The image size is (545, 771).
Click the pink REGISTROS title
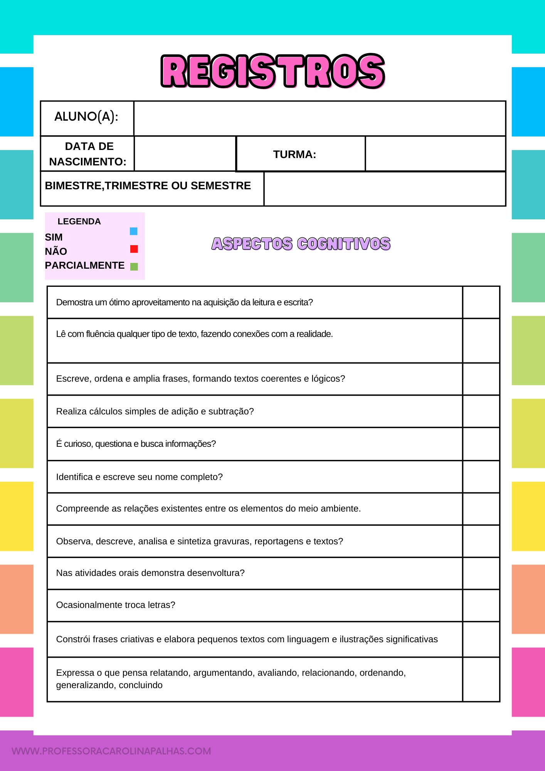click(273, 71)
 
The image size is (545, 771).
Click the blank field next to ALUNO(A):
click(320, 118)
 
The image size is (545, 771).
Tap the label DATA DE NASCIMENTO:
click(88, 154)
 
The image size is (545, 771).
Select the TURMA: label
click(294, 155)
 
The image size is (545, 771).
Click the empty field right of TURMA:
click(435, 154)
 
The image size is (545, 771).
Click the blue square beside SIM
click(134, 231)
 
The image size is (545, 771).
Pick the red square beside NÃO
click(134, 249)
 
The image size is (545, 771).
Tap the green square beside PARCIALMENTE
click(134, 266)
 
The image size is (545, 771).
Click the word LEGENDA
click(79, 222)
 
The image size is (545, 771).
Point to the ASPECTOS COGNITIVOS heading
click(301, 244)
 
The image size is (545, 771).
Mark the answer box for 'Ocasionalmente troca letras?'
click(481, 605)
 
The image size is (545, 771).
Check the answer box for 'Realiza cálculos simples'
click(481, 411)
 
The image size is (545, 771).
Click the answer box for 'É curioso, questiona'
click(481, 444)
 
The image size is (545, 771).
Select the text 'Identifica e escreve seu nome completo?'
click(140, 477)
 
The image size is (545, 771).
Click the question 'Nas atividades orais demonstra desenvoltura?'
click(150, 573)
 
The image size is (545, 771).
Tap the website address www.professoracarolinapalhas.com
click(111, 751)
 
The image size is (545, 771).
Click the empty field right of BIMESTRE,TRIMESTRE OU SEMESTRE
click(385, 189)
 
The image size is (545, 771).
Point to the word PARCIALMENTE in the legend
click(85, 266)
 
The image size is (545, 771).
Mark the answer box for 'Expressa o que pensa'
click(481, 679)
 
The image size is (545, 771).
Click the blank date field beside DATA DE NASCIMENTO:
click(185, 154)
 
